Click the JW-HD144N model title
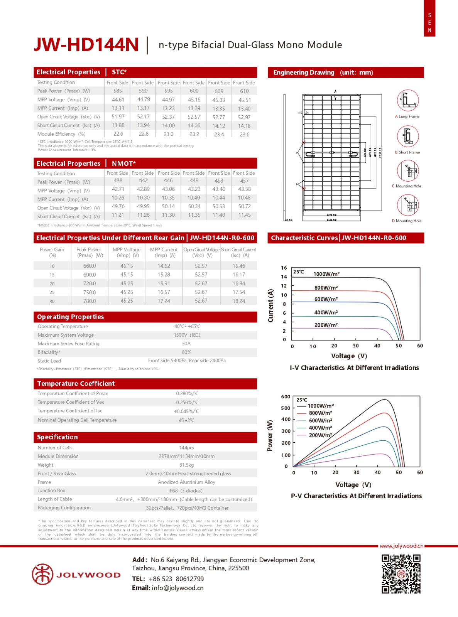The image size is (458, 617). (86, 45)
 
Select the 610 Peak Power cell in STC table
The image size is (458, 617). (244, 91)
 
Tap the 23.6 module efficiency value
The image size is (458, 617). (244, 135)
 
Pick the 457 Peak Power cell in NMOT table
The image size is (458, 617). (244, 180)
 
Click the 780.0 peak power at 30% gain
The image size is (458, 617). (90, 301)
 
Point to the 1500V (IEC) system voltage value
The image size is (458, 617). (187, 335)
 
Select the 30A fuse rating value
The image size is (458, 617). (186, 344)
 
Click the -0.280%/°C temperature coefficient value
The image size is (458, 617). (186, 394)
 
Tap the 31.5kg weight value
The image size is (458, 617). (186, 465)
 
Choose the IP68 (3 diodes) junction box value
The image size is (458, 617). (185, 491)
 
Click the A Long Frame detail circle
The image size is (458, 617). (408, 100)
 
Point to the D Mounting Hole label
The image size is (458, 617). (407, 221)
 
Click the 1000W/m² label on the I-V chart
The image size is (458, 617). (326, 274)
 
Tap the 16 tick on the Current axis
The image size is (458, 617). (284, 268)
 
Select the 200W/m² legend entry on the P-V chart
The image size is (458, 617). (320, 435)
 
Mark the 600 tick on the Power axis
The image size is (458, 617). (286, 397)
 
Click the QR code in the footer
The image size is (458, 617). (401, 574)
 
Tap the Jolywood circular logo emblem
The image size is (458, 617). (42, 574)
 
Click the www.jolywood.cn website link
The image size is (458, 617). (401, 546)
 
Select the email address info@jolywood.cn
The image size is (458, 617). (177, 588)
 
